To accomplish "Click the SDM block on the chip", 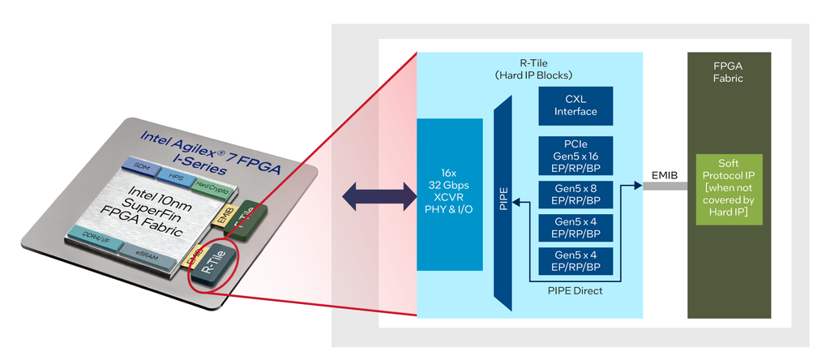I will [x=143, y=166].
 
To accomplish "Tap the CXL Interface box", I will [x=575, y=105].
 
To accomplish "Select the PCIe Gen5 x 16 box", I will [x=575, y=154].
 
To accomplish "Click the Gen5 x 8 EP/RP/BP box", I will [x=575, y=194].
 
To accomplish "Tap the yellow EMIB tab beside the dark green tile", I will [x=224, y=215].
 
